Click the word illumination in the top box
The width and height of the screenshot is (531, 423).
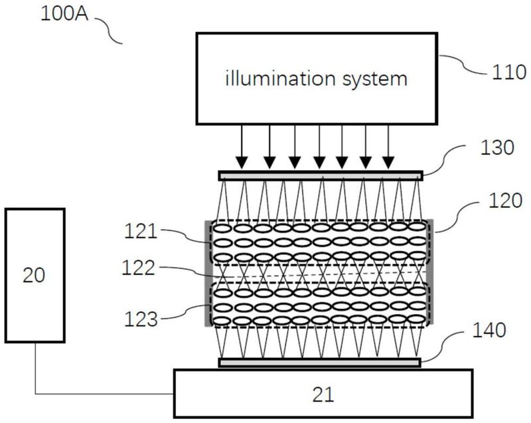[275, 80]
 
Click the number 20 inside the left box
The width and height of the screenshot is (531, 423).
[35, 274]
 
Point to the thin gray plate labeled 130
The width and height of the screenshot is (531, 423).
[320, 176]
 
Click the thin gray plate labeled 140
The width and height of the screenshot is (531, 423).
[320, 363]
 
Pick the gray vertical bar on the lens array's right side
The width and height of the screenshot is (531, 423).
[432, 273]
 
